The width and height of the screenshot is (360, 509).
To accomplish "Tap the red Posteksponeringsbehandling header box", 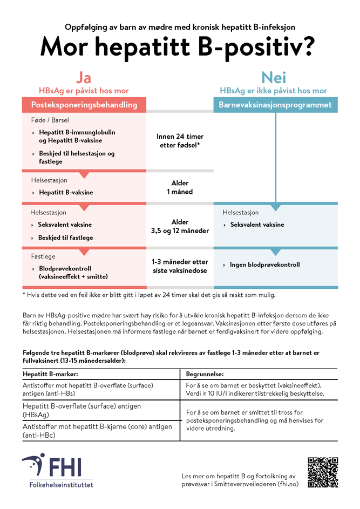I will [x=84, y=105].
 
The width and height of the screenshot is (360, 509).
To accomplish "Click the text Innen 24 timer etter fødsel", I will [x=180, y=141].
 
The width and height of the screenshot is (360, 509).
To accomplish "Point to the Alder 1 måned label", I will [x=180, y=187].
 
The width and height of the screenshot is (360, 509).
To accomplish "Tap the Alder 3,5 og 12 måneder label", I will [x=180, y=226].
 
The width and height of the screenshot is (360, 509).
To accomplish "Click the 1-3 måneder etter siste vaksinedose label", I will [x=180, y=266].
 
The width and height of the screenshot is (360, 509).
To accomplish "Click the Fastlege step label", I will [x=43, y=256].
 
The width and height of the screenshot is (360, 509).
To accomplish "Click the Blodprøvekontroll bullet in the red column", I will [x=73, y=272].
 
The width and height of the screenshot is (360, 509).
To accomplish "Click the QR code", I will [x=322, y=473].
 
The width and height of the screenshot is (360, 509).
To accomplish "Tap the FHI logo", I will [x=57, y=471].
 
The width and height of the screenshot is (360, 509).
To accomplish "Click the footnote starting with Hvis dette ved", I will [x=148, y=295].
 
